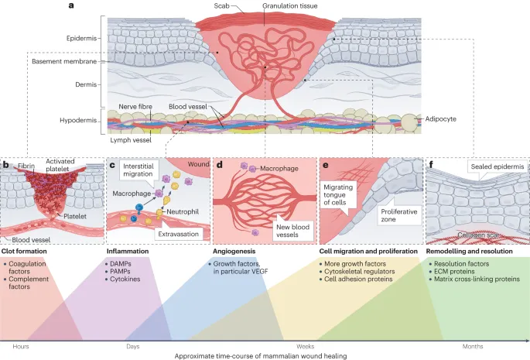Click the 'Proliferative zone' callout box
click(398, 214)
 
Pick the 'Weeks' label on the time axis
click(306, 346)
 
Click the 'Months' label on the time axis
click(473, 346)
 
